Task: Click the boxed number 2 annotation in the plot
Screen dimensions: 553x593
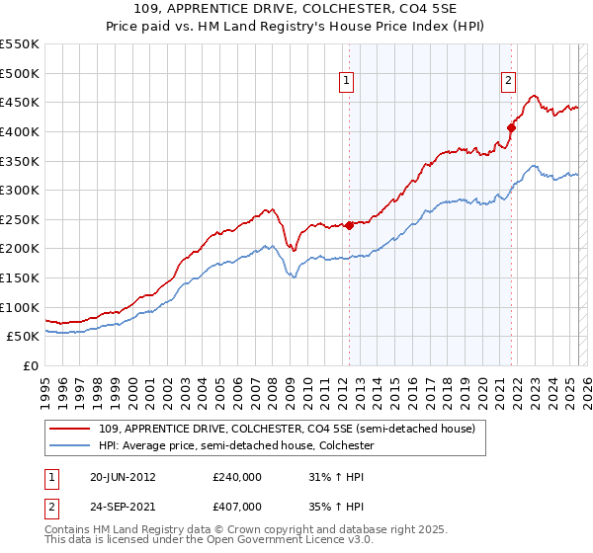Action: click(x=508, y=82)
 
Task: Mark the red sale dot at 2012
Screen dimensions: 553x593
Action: click(x=349, y=225)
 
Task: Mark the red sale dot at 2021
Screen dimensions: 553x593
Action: click(x=511, y=127)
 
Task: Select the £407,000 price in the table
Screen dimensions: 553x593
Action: click(x=237, y=506)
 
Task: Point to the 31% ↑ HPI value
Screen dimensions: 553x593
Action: click(x=337, y=477)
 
